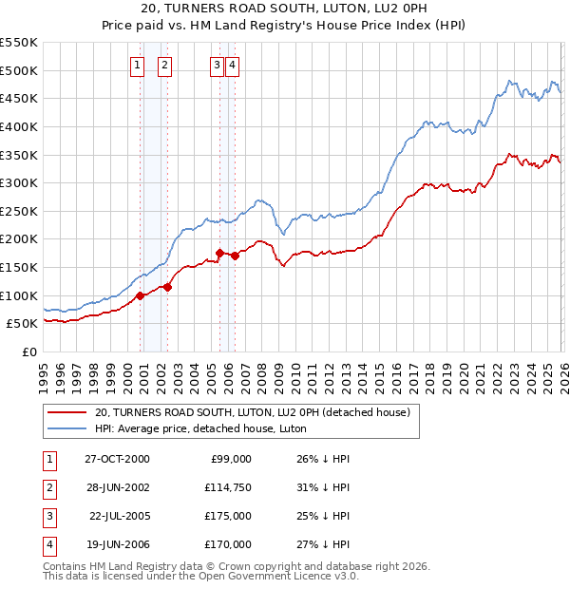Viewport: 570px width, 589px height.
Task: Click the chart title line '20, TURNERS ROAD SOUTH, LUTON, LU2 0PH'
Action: (x=285, y=9)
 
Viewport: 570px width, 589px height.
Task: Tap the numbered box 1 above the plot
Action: (x=138, y=65)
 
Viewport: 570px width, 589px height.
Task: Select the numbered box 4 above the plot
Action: (x=232, y=65)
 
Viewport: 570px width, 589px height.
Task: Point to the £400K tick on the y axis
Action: (x=19, y=126)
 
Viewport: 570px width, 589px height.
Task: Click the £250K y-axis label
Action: (x=19, y=211)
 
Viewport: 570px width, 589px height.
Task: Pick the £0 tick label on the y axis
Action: (x=28, y=351)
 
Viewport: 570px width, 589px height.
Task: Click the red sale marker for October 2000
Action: (x=140, y=295)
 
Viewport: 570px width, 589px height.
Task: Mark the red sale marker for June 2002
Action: (x=168, y=287)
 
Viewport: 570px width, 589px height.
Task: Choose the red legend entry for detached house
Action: (x=252, y=412)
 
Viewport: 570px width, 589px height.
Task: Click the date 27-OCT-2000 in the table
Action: (x=117, y=459)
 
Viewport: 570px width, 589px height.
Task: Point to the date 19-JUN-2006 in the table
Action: (x=117, y=544)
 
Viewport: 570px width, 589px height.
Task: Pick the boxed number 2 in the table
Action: (x=48, y=487)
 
